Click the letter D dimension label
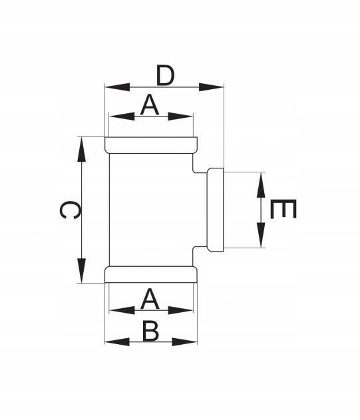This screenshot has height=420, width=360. (165, 75)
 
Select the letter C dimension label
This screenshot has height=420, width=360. (69, 210)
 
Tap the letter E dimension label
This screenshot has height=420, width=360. (283, 209)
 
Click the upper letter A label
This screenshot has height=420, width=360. (150, 105)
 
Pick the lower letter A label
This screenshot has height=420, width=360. (150, 300)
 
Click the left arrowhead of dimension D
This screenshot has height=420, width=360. (117, 87)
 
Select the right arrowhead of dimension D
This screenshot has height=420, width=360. (211, 87)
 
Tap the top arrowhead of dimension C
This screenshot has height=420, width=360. (81, 150)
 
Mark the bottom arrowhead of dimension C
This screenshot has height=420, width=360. (81, 270)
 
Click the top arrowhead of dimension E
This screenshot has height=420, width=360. (261, 185)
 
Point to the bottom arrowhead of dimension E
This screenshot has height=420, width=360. (261, 235)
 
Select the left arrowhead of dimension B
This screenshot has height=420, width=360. (117, 341)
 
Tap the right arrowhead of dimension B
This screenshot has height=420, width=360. (184, 341)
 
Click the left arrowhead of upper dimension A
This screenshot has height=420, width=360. (122, 116)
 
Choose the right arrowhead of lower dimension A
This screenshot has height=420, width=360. (180, 310)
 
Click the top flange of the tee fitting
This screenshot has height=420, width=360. (151, 145)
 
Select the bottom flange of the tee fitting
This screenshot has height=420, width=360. (151, 274)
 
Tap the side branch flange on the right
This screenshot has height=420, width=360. (215, 210)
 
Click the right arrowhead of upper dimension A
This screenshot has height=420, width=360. (180, 116)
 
